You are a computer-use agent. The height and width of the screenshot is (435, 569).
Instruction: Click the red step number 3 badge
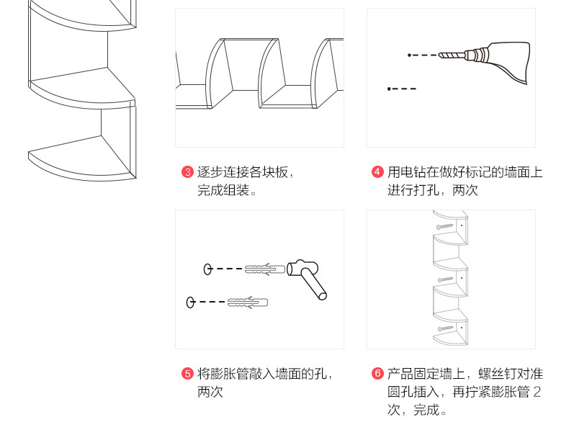tap(187, 172)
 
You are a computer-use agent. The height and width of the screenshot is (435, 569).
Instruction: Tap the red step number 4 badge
tap(377, 172)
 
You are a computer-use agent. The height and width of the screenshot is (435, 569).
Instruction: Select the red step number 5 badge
tap(187, 374)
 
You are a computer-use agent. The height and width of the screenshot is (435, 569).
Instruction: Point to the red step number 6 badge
tap(377, 374)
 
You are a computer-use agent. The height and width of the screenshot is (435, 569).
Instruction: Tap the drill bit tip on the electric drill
tap(441, 55)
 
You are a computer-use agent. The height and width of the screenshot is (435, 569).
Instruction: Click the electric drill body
tap(504, 58)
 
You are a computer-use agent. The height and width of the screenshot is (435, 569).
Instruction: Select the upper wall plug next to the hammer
tap(264, 269)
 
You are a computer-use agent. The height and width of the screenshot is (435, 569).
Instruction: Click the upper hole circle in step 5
tap(207, 269)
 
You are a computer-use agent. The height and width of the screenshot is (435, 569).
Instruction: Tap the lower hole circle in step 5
tap(191, 302)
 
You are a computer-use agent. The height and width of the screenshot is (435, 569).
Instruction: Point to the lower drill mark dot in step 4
tap(389, 89)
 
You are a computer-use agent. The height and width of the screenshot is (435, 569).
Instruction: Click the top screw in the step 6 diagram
tap(444, 226)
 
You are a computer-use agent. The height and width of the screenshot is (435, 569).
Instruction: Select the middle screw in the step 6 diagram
tap(445, 279)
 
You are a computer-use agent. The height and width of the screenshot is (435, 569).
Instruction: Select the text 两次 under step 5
tap(210, 393)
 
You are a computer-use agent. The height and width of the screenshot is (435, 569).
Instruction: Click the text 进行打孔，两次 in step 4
tap(433, 191)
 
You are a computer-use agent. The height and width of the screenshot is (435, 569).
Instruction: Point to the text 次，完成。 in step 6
tap(417, 411)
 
